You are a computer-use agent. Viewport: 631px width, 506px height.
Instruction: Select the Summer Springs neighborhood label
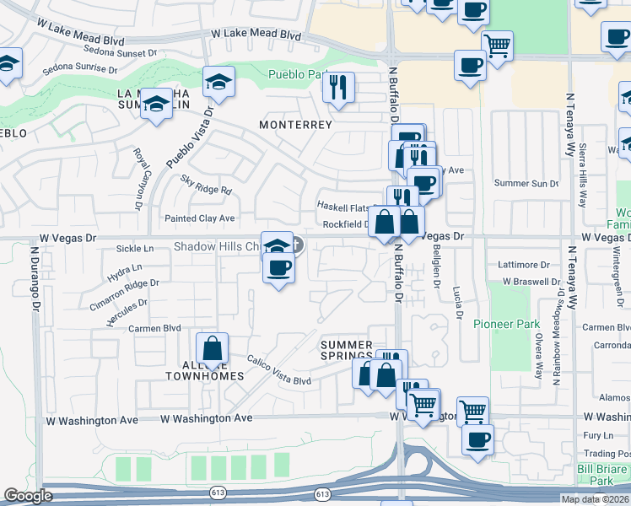346,351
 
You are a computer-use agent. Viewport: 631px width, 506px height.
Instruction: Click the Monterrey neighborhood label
295,124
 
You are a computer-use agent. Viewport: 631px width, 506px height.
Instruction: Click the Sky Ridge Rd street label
206,185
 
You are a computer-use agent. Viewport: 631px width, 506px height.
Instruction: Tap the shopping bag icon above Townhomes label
213,347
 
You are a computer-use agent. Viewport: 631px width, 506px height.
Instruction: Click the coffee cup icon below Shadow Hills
278,268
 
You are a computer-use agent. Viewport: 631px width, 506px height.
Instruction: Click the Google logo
28,496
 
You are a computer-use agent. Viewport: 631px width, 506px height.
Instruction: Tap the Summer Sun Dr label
526,183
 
